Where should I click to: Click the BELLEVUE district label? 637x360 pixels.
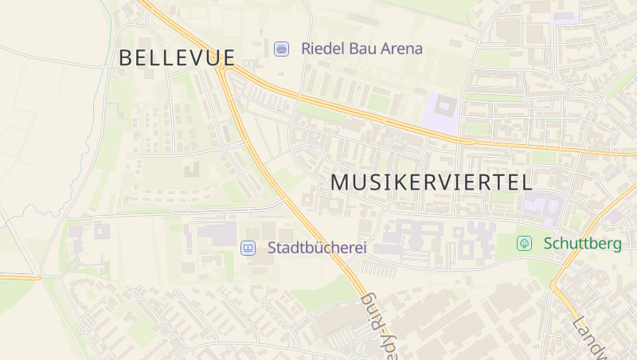(x=177, y=57)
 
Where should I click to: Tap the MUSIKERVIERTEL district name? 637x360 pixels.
(x=431, y=182)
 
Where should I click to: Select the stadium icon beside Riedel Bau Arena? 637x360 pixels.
(x=281, y=49)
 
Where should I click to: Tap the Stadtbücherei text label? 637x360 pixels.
(x=317, y=248)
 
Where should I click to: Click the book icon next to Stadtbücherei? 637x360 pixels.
(x=248, y=248)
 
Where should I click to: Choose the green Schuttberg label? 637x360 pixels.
(x=583, y=244)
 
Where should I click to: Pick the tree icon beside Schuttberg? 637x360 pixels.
(x=524, y=244)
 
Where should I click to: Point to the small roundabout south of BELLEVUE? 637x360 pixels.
(x=225, y=147)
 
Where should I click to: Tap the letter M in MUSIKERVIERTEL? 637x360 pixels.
(x=340, y=182)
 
